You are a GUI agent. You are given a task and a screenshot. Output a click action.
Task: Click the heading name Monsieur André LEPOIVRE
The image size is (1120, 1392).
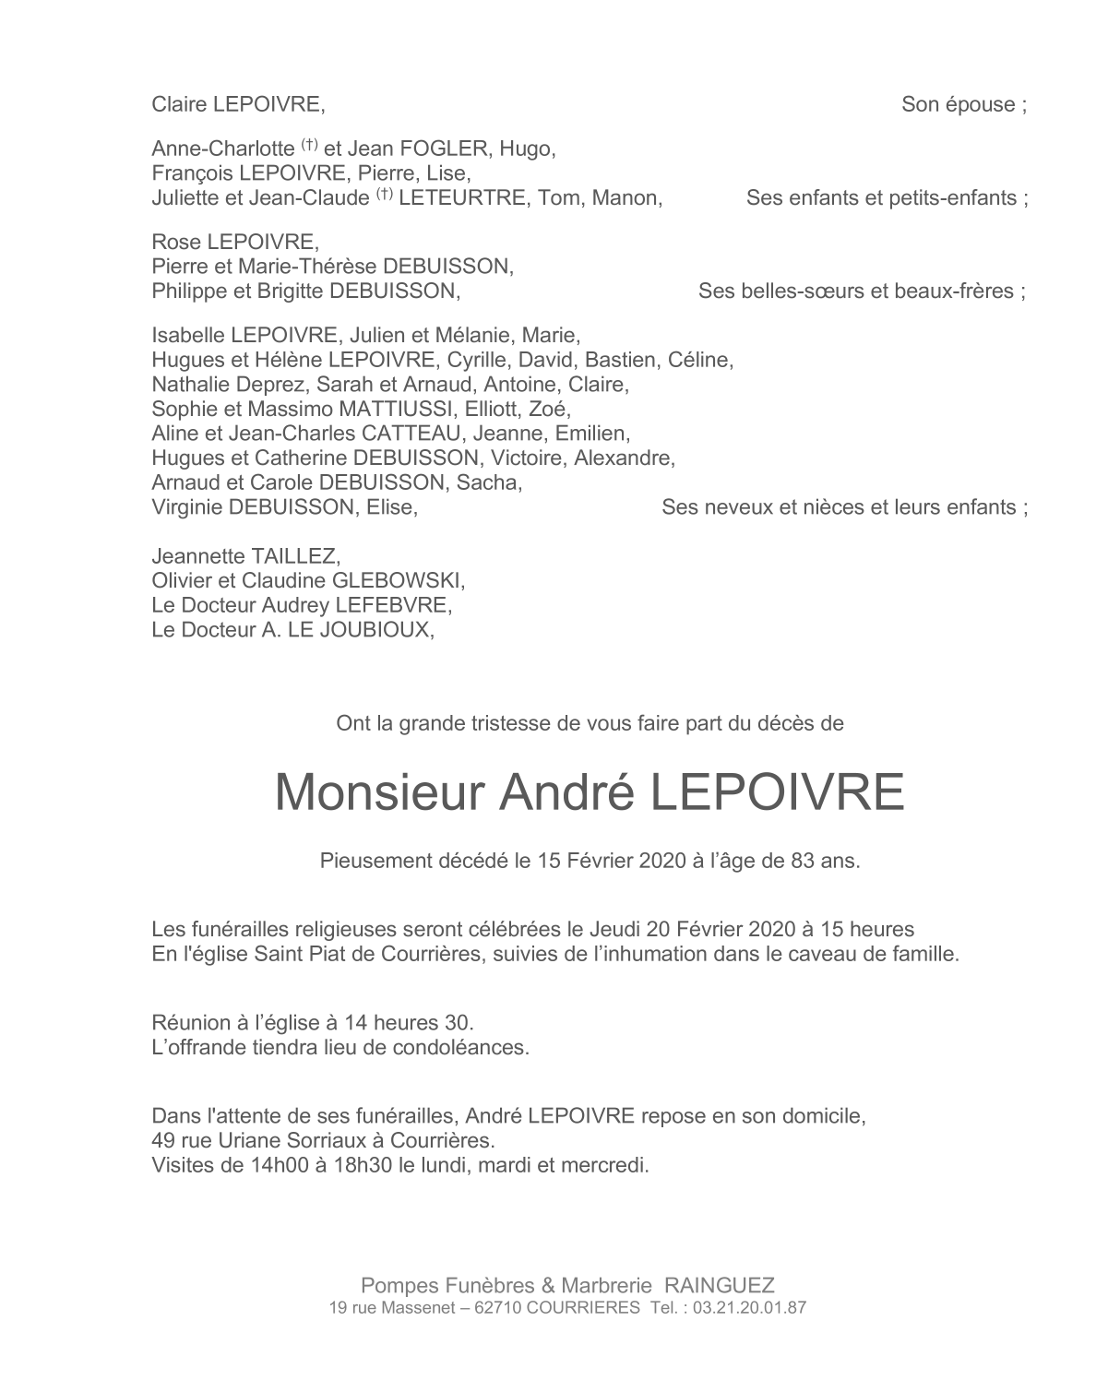[590, 792]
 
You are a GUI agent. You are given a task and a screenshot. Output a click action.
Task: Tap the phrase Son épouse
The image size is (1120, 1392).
[963, 104]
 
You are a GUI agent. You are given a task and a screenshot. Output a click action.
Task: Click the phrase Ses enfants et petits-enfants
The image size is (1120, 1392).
[887, 197]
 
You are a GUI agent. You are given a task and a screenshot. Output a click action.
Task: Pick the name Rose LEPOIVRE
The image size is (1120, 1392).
[234, 243]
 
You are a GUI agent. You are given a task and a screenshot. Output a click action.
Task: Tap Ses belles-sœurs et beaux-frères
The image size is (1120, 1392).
[862, 291]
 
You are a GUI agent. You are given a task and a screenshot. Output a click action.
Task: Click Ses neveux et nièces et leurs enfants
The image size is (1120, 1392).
[844, 507]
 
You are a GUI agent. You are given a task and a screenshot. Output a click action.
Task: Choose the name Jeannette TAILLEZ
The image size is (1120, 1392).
[245, 556]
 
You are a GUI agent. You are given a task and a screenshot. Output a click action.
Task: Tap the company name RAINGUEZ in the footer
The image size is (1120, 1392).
[720, 1285]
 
